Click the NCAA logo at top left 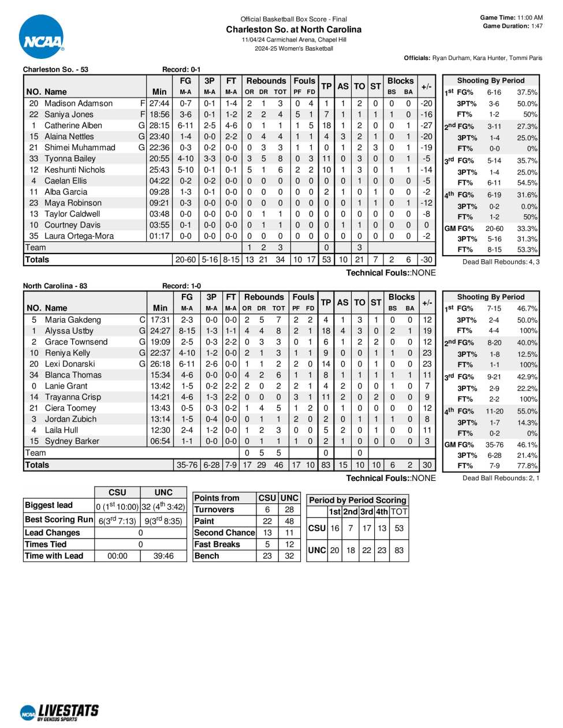pos(42,38)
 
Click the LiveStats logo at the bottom pos(59,712)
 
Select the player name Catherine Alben pos(73,125)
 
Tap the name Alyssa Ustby pos(69,331)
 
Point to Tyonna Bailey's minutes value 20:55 pos(159,158)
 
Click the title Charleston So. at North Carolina pos(293,29)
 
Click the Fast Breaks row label pos(217,544)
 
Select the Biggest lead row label pos(49,505)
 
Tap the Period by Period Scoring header pos(357,501)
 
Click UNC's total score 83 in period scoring pos(399,550)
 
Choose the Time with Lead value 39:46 pos(163,556)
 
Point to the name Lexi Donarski pos(70,364)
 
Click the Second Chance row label pos(225,533)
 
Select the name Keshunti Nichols pos(75,170)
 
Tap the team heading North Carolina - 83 pos(55,286)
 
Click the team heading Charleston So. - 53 pos(55,69)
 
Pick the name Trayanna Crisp pos(73,397)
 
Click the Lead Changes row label pos(53,533)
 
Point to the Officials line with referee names pos(473,58)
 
